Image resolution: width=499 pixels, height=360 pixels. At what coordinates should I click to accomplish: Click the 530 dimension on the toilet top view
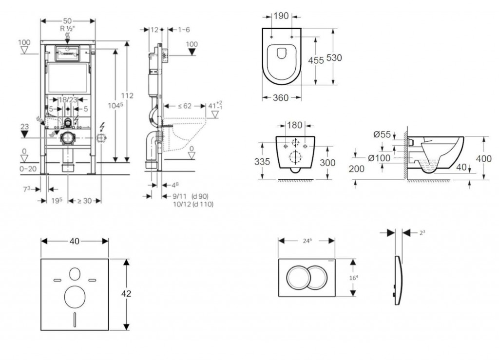click(334, 57)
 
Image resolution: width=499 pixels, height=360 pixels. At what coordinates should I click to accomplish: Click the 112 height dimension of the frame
click(128, 96)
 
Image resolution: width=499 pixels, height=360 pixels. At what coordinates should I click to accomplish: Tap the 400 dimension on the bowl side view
click(483, 159)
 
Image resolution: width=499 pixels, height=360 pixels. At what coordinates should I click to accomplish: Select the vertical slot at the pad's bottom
click(75, 319)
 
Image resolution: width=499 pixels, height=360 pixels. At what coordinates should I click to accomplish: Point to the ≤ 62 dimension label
click(184, 106)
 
